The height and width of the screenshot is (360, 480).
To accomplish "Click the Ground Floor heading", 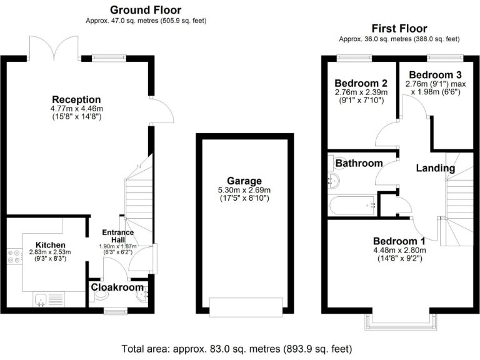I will click(x=146, y=10).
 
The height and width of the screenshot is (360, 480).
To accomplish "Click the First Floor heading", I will click(x=399, y=28).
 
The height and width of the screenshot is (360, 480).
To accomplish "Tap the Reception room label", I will click(x=76, y=100).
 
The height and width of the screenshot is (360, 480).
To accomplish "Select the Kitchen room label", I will click(x=50, y=244).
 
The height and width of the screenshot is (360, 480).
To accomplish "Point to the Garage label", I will click(x=244, y=181).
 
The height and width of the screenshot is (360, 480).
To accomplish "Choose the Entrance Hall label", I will click(x=119, y=236).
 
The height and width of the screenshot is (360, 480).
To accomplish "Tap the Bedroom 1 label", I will click(x=399, y=241).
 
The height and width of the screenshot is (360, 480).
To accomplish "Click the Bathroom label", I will click(x=359, y=164).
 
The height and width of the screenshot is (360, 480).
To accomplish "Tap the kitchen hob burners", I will click(x=12, y=258).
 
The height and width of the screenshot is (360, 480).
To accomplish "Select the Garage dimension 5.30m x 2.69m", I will click(x=244, y=191).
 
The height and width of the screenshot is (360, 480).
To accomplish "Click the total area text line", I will click(x=239, y=347).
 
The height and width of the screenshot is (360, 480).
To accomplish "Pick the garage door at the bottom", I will click(x=244, y=306).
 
